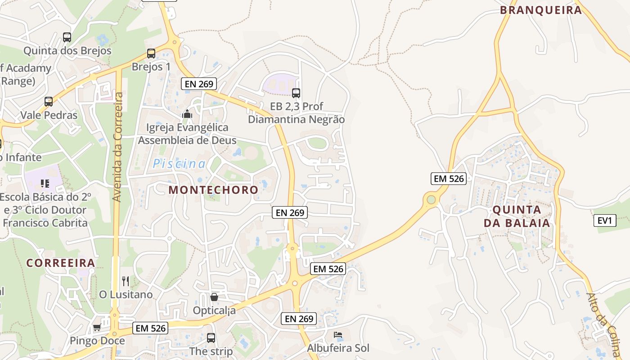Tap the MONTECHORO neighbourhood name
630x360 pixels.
pyautogui.click(x=213, y=190)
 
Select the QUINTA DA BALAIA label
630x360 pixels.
pyautogui.click(x=517, y=216)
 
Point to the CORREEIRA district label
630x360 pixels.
pyautogui.click(x=61, y=263)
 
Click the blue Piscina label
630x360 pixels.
pyautogui.click(x=179, y=164)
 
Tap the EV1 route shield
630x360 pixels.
pyautogui.click(x=605, y=220)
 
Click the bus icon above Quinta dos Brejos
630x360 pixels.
pyautogui.click(x=67, y=37)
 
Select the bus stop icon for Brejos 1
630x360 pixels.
pyautogui.click(x=151, y=54)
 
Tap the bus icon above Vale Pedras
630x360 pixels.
pyautogui.click(x=49, y=102)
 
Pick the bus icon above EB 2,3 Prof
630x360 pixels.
pyautogui.click(x=296, y=93)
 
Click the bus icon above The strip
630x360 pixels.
pyautogui.click(x=211, y=338)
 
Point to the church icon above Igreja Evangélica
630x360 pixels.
pyautogui.click(x=187, y=114)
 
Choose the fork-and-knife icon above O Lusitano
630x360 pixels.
pyautogui.click(x=126, y=281)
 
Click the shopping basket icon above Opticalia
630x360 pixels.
pyautogui.click(x=214, y=297)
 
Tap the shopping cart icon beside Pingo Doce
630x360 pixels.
pyautogui.click(x=97, y=328)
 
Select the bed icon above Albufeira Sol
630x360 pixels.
pyautogui.click(x=338, y=335)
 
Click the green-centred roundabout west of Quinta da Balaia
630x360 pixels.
pyautogui.click(x=431, y=199)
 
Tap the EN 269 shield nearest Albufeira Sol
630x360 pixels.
pyautogui.click(x=299, y=319)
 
